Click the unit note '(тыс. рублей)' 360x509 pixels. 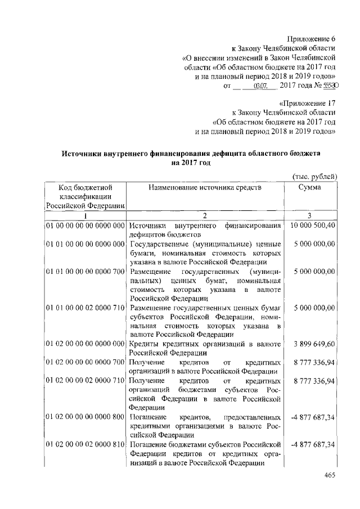point(315,176)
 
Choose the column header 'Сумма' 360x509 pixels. point(310,187)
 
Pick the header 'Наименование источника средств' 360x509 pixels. point(205,187)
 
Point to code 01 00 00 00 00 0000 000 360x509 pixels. point(85,226)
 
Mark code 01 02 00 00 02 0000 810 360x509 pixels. point(85,445)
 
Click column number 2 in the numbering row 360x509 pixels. point(205,215)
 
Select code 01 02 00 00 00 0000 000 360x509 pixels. point(85,343)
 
